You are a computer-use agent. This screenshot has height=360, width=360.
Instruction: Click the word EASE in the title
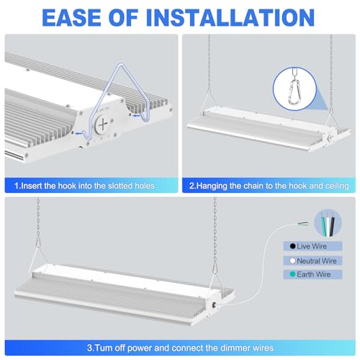coord(71,17)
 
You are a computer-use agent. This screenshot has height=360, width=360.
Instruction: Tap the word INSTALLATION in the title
coord(230,17)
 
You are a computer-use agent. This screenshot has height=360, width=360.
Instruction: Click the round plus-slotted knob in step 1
coord(102,125)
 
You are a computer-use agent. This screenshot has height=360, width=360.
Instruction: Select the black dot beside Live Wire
coord(292,246)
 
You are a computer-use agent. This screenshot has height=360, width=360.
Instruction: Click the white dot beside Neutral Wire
coord(292,261)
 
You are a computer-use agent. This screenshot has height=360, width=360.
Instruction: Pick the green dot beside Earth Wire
coord(292,274)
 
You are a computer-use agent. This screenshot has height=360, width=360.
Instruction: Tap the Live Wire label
coord(312,246)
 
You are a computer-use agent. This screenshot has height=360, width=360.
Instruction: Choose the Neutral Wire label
coord(317,261)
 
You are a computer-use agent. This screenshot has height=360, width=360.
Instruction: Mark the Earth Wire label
coord(314,274)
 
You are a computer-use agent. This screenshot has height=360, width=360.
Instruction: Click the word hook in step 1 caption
coord(67,186)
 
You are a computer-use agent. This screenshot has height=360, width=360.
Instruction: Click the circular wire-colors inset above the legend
coord(328,223)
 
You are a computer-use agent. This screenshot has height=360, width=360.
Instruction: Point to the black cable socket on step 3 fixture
coord(213,305)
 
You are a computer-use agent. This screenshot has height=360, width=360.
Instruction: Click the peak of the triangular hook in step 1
coord(121,64)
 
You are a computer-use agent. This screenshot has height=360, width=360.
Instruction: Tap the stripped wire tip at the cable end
coord(303,224)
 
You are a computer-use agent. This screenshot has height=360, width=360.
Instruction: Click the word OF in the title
coord(123,17)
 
